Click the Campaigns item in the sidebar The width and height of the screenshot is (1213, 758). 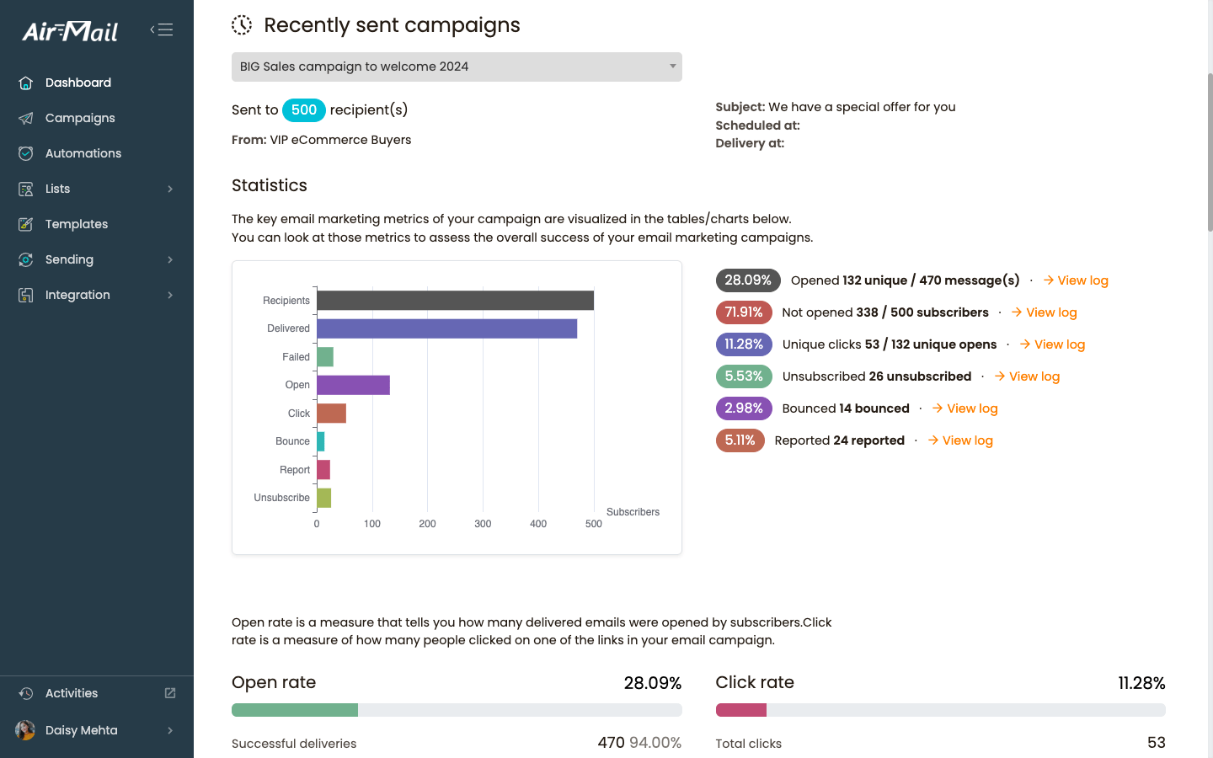coord(80,118)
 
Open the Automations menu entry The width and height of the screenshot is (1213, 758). coord(83,153)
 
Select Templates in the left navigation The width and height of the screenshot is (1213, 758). coord(76,224)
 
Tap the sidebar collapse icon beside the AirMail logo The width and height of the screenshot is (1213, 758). coord(162,30)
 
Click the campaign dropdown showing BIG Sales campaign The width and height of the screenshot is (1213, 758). coord(457,67)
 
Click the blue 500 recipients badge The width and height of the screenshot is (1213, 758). coord(303,110)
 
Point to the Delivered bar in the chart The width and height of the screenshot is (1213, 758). coord(446,328)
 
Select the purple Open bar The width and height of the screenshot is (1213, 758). coord(353,385)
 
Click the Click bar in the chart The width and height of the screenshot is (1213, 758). coord(331,414)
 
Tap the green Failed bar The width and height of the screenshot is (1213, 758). coord(325,357)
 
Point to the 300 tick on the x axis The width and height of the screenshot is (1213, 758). coord(483,524)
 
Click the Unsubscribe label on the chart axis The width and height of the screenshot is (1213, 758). coord(281,498)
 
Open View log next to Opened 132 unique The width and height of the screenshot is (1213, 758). coord(1076,280)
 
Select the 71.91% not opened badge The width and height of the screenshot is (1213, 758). coord(744,312)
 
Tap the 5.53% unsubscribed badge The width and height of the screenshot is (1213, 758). coord(744,376)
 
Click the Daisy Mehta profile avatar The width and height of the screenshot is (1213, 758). coord(25,730)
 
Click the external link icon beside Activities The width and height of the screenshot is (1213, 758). coord(170,693)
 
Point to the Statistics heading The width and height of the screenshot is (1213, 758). coord(270,185)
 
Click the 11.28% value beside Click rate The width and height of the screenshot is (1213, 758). coord(1141,683)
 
